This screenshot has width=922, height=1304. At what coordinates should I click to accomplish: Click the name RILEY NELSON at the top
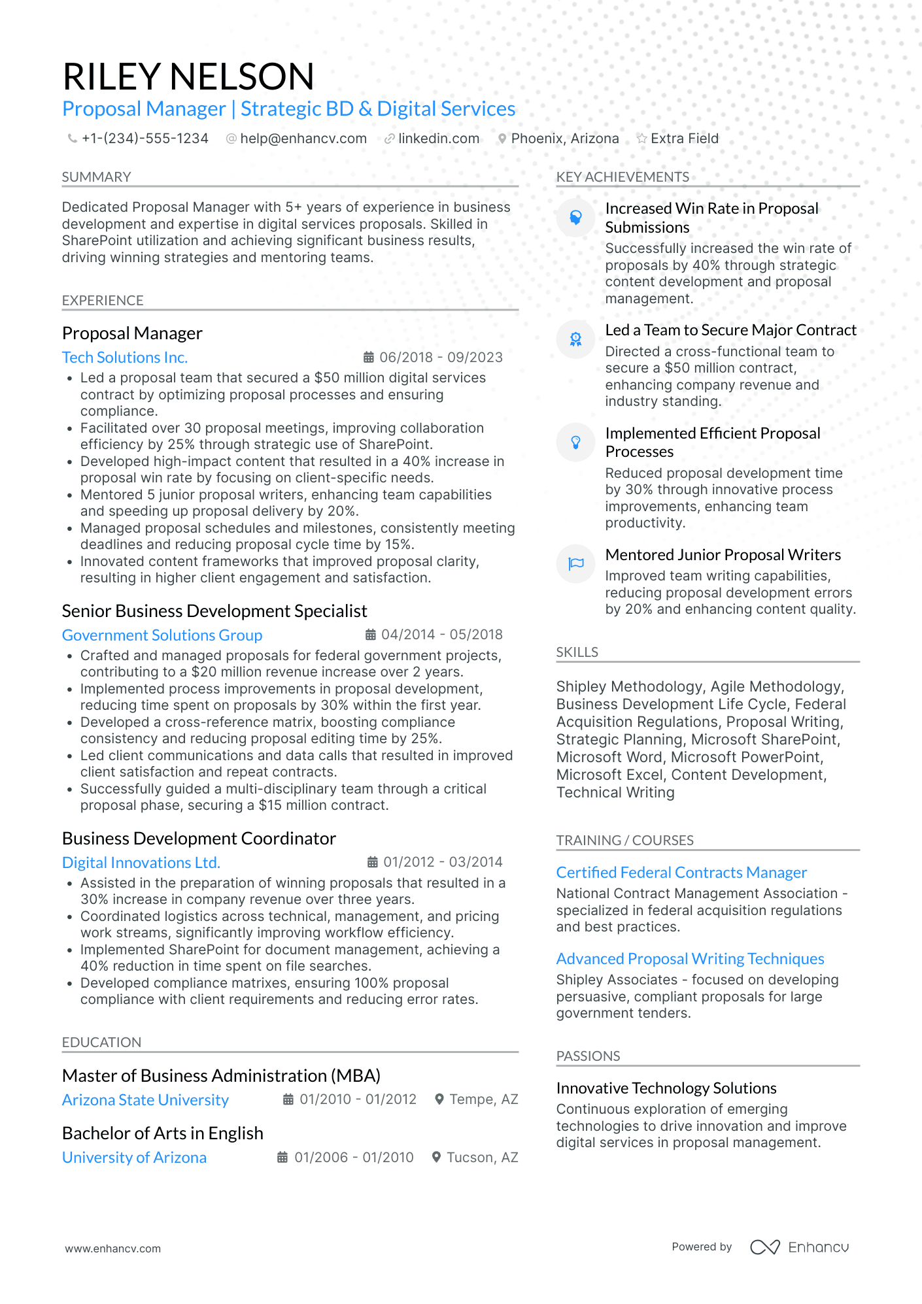188,76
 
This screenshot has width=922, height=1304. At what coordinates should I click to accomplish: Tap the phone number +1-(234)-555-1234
145,139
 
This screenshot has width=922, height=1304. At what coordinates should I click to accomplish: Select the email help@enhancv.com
303,139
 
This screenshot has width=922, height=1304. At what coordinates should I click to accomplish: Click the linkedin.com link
438,139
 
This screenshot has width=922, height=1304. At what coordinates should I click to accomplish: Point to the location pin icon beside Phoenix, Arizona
502,139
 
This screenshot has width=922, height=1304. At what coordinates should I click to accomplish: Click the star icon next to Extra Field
642,139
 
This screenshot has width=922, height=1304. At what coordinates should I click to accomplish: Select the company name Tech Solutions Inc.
125,358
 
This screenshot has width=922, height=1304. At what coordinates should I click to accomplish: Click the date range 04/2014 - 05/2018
442,635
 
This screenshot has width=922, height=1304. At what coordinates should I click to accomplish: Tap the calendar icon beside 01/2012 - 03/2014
373,862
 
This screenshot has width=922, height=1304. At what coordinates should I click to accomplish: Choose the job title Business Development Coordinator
199,839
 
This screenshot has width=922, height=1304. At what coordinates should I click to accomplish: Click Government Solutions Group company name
162,635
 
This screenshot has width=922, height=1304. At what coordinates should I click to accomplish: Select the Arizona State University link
145,1100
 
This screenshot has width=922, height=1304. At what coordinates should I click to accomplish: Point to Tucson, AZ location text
482,1158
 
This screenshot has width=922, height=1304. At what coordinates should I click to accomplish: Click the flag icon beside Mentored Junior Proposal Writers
576,563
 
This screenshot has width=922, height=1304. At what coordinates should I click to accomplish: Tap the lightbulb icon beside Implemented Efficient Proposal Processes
576,443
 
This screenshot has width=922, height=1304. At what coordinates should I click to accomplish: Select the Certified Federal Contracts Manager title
681,873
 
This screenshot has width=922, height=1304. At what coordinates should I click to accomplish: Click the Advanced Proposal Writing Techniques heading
690,959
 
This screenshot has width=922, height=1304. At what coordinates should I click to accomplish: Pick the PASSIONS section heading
588,1056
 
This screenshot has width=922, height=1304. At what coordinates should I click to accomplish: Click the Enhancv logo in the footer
799,1247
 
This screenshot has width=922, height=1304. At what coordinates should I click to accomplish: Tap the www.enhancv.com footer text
112,1248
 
